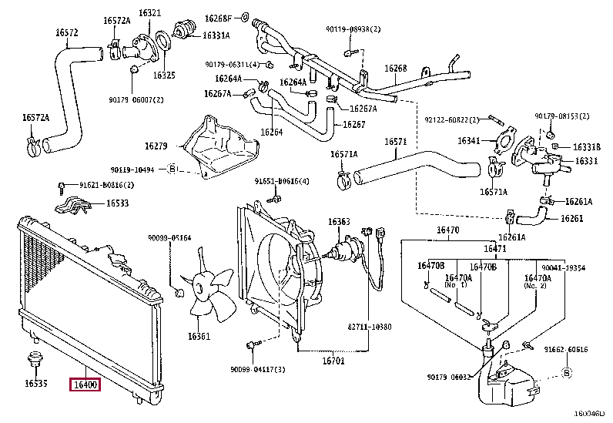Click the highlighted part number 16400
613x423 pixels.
pos(85,385)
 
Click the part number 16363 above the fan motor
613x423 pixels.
pos(339,222)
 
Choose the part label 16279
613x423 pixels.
pos(156,146)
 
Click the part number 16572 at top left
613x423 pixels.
pos(66,33)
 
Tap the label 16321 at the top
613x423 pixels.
pos(150,13)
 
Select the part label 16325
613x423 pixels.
pos(164,76)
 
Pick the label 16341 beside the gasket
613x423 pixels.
pos(468,141)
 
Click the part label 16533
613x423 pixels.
pos(117,203)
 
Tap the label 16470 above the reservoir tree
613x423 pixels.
pos(448,230)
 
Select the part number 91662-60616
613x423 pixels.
pos(568,350)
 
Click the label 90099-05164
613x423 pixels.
pos(169,238)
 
